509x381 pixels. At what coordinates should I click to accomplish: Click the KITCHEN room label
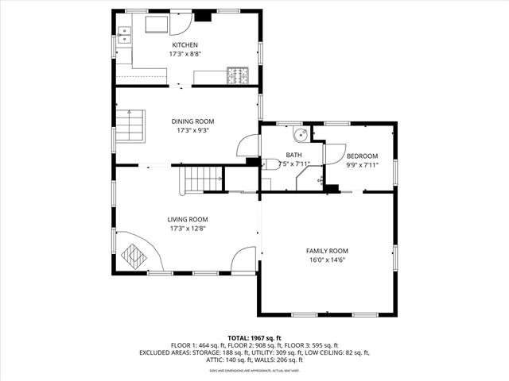point(185,45)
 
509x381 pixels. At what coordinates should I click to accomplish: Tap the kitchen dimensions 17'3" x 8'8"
point(185,54)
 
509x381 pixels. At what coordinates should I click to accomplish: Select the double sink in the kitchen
point(124,34)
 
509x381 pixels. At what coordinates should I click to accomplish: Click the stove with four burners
point(237,75)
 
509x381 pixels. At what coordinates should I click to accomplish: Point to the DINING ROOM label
point(192,121)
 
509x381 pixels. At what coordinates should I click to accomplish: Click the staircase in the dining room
point(130,125)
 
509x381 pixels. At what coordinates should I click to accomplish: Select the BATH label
point(293,156)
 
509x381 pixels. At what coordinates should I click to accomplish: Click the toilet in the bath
point(271,164)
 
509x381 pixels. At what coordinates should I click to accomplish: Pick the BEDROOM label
point(362,156)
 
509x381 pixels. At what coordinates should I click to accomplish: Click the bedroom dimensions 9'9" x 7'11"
point(362,165)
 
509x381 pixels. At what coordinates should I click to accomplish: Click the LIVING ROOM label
point(188,220)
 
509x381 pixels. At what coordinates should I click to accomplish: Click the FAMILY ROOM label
point(328,251)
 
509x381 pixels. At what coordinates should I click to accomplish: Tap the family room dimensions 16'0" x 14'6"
point(328,260)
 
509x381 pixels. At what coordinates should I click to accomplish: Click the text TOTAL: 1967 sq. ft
point(254,337)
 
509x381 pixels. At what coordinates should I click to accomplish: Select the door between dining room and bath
point(248,147)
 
